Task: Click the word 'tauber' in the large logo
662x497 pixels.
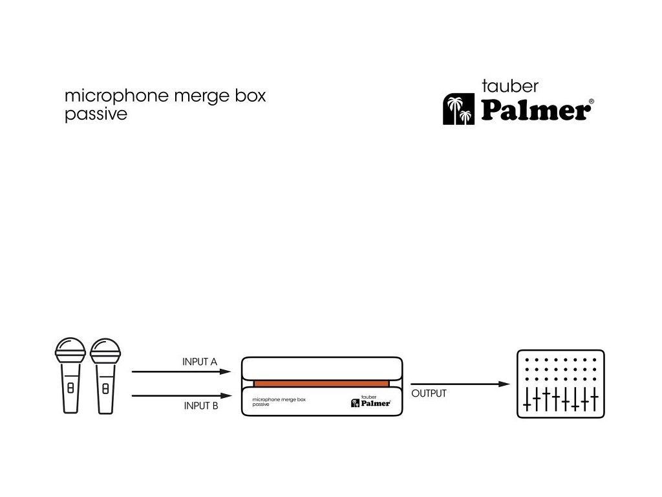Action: [x=510, y=86]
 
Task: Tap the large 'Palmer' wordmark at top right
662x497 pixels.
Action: [x=535, y=111]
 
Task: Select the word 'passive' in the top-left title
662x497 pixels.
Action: [x=96, y=115]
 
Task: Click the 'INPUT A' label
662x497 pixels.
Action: [x=200, y=362]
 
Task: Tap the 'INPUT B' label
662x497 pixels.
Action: [x=201, y=406]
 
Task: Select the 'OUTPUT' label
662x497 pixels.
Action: [x=429, y=393]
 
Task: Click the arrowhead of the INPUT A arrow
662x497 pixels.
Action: [x=226, y=372]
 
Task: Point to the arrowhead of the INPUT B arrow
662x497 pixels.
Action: [x=226, y=395]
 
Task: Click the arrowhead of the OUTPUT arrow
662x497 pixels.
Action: [x=505, y=384]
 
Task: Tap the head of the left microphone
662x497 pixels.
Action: [x=70, y=351]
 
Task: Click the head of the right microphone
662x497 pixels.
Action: [x=105, y=351]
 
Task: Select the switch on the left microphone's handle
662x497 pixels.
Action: [x=70, y=388]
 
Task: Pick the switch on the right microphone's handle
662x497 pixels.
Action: [x=105, y=388]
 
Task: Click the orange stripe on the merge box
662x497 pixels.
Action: [x=321, y=384]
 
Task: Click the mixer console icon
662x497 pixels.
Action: [x=561, y=384]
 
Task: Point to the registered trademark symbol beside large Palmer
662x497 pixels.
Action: [x=591, y=102]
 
